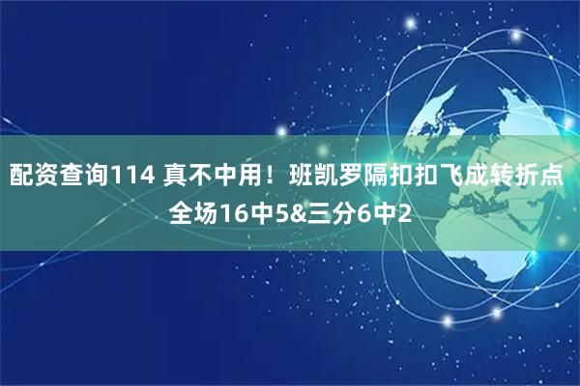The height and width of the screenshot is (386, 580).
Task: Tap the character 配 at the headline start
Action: coord(21,178)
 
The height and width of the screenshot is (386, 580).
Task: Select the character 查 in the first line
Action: coord(72,178)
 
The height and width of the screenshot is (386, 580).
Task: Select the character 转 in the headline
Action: coord(501,178)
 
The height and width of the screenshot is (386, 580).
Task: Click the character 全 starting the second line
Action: coord(181,210)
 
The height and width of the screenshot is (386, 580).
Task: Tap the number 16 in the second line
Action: coord(233,210)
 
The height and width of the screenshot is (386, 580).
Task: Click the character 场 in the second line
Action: coord(206,210)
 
